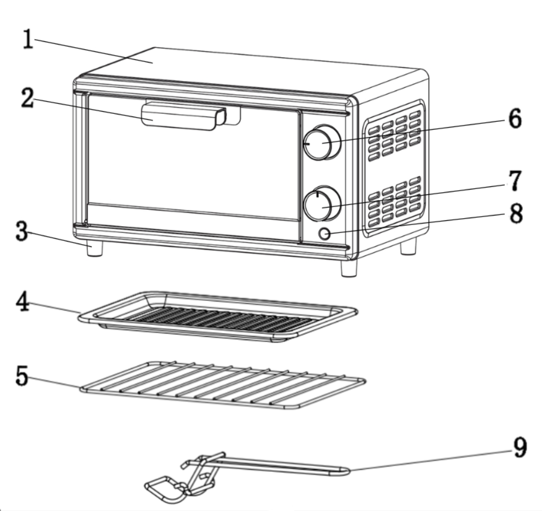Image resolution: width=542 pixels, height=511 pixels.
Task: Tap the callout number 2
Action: click(x=27, y=99)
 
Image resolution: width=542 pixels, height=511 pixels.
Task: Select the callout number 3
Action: click(x=21, y=232)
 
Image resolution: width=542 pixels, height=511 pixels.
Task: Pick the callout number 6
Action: click(x=514, y=120)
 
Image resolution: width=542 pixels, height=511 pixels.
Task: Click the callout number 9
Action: click(x=520, y=447)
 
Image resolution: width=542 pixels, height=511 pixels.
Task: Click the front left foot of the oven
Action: click(x=94, y=248)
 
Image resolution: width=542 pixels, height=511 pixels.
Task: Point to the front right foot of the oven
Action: click(x=349, y=268)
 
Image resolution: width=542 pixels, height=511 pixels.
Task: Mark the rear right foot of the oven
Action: click(x=408, y=246)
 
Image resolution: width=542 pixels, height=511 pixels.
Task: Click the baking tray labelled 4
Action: click(x=217, y=317)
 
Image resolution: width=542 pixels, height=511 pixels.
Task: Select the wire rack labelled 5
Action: click(x=222, y=385)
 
